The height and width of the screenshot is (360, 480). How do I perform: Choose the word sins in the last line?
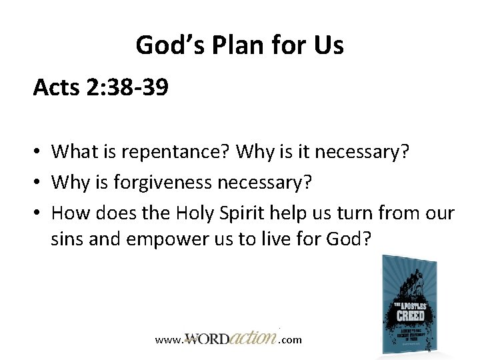(x=67, y=239)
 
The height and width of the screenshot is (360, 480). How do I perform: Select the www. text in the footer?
(x=167, y=340)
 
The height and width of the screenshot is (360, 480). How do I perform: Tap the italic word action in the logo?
(x=252, y=337)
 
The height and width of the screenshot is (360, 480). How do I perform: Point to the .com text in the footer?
(x=290, y=340)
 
